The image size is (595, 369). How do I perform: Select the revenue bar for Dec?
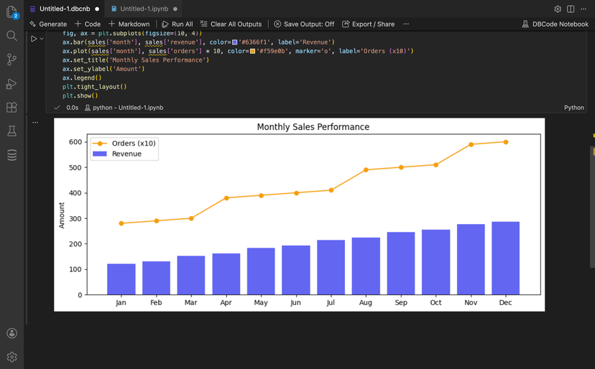[505, 258]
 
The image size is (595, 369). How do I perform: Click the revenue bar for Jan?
[121, 279]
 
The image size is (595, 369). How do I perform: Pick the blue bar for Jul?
[331, 267]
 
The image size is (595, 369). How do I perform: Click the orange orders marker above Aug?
[366, 170]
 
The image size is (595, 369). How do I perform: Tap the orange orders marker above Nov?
[471, 144]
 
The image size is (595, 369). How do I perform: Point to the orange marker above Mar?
[191, 218]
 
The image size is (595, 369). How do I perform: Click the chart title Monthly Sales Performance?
[313, 127]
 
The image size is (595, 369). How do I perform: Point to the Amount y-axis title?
[62, 215]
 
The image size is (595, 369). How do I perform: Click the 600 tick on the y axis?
[75, 142]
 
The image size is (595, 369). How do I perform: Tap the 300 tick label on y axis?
[75, 219]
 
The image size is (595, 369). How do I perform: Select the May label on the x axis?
[261, 303]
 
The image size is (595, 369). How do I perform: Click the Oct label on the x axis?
[435, 303]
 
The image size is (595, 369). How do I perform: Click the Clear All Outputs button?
[231, 24]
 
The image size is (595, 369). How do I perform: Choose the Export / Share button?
[368, 24]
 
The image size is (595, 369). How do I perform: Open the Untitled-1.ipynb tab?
[144, 9]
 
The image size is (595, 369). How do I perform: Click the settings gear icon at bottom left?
[11, 357]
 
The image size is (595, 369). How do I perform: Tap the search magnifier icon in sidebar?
[11, 36]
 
